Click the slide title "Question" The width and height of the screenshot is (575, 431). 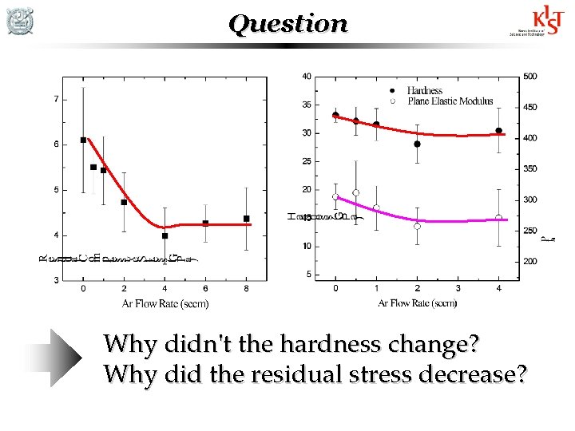coord(288,24)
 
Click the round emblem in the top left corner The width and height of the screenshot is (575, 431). coord(19,21)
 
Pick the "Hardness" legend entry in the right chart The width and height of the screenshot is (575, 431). coord(424,91)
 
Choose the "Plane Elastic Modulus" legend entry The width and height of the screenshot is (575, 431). coord(450,101)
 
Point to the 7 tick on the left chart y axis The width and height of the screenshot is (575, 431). coord(55,99)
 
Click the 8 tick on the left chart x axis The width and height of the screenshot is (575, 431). coord(246,288)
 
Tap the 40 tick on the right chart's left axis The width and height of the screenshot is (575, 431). coord(306,77)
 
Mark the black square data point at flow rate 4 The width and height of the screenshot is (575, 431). coord(165,235)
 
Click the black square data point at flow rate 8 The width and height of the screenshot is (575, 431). coord(246,218)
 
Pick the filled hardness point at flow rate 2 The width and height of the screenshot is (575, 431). coord(417,144)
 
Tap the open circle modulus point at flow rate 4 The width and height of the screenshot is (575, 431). coord(498,218)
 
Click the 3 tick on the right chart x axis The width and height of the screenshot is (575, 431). coord(458,288)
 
